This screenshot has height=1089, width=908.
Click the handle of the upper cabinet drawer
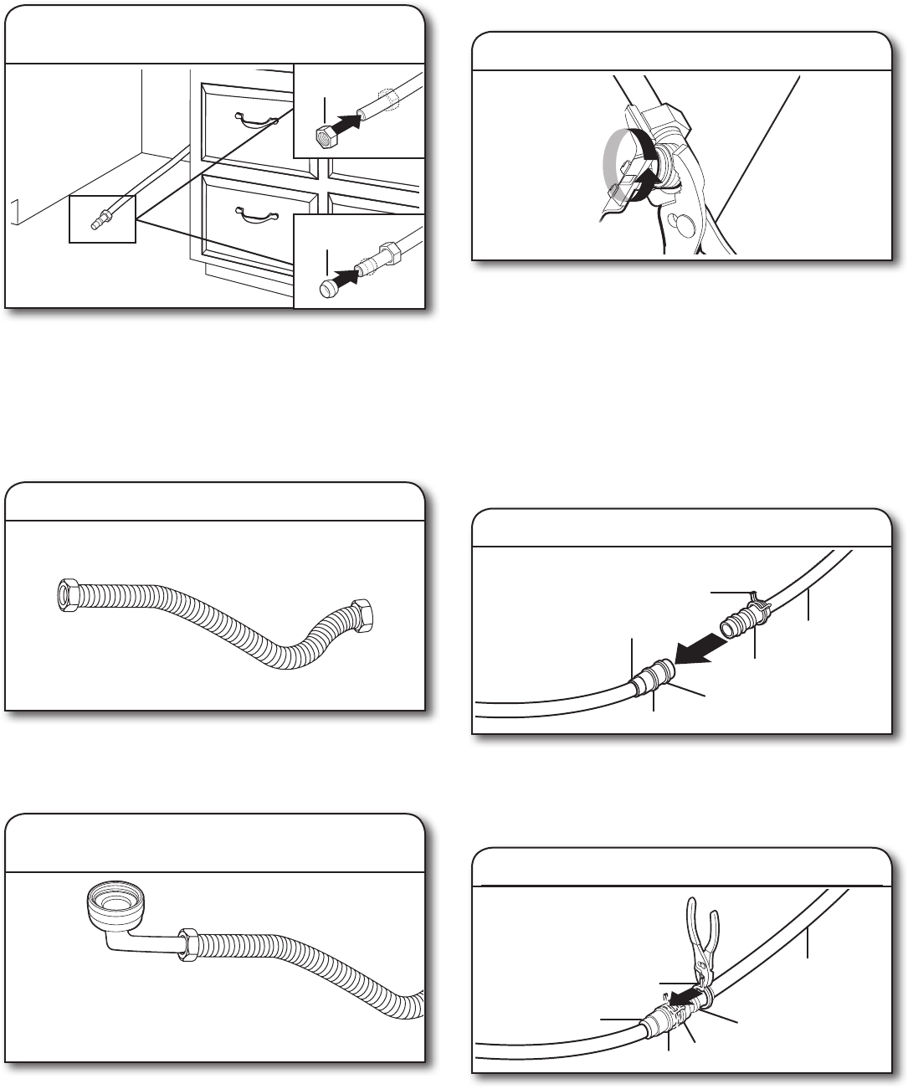pos(257,122)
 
